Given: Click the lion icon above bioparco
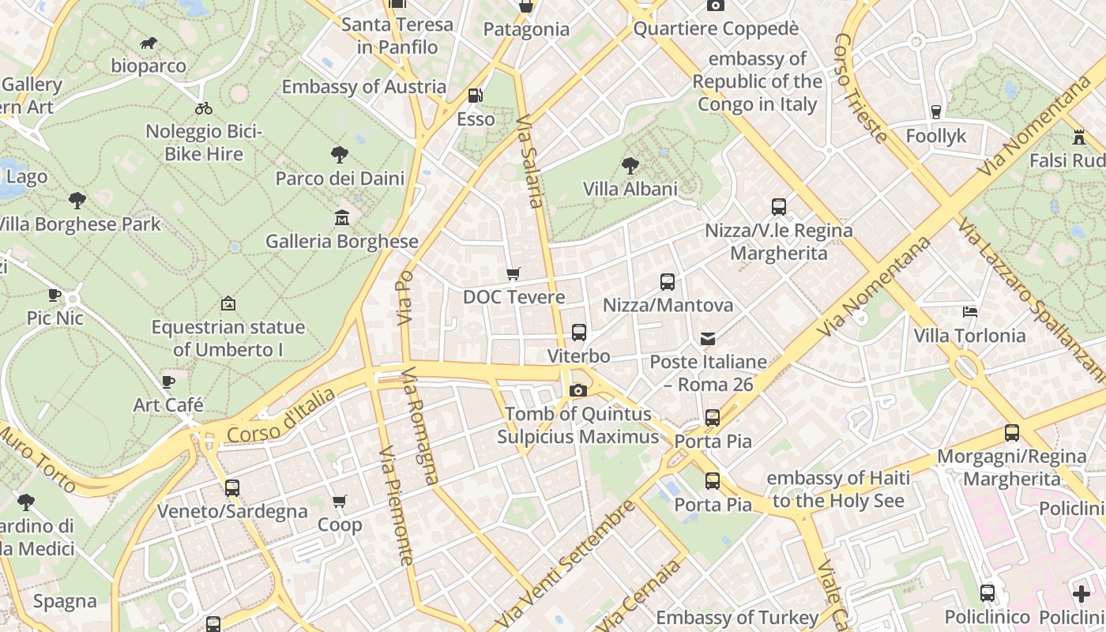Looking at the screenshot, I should point(149,43).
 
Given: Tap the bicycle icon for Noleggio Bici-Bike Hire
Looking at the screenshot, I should point(204,108).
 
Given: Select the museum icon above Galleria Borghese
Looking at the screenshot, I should point(342,217).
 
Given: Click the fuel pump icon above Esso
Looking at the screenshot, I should point(476,96).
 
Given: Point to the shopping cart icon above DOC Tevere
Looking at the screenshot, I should point(513,274).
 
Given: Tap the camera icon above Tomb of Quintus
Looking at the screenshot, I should point(578,389).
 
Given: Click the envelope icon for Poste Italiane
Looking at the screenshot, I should point(708,339).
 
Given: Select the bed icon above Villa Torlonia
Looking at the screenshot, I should point(970,312).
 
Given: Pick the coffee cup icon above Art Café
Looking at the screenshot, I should point(168,382).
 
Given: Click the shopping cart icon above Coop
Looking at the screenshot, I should point(340,501).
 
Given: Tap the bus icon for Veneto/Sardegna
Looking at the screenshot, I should point(231,488).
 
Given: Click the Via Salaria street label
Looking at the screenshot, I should point(530,162).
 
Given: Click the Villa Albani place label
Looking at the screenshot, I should point(630,189).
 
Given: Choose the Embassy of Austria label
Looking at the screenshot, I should point(364,86).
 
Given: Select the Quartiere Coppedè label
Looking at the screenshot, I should point(716,29).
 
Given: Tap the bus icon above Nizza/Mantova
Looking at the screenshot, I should point(668,281).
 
